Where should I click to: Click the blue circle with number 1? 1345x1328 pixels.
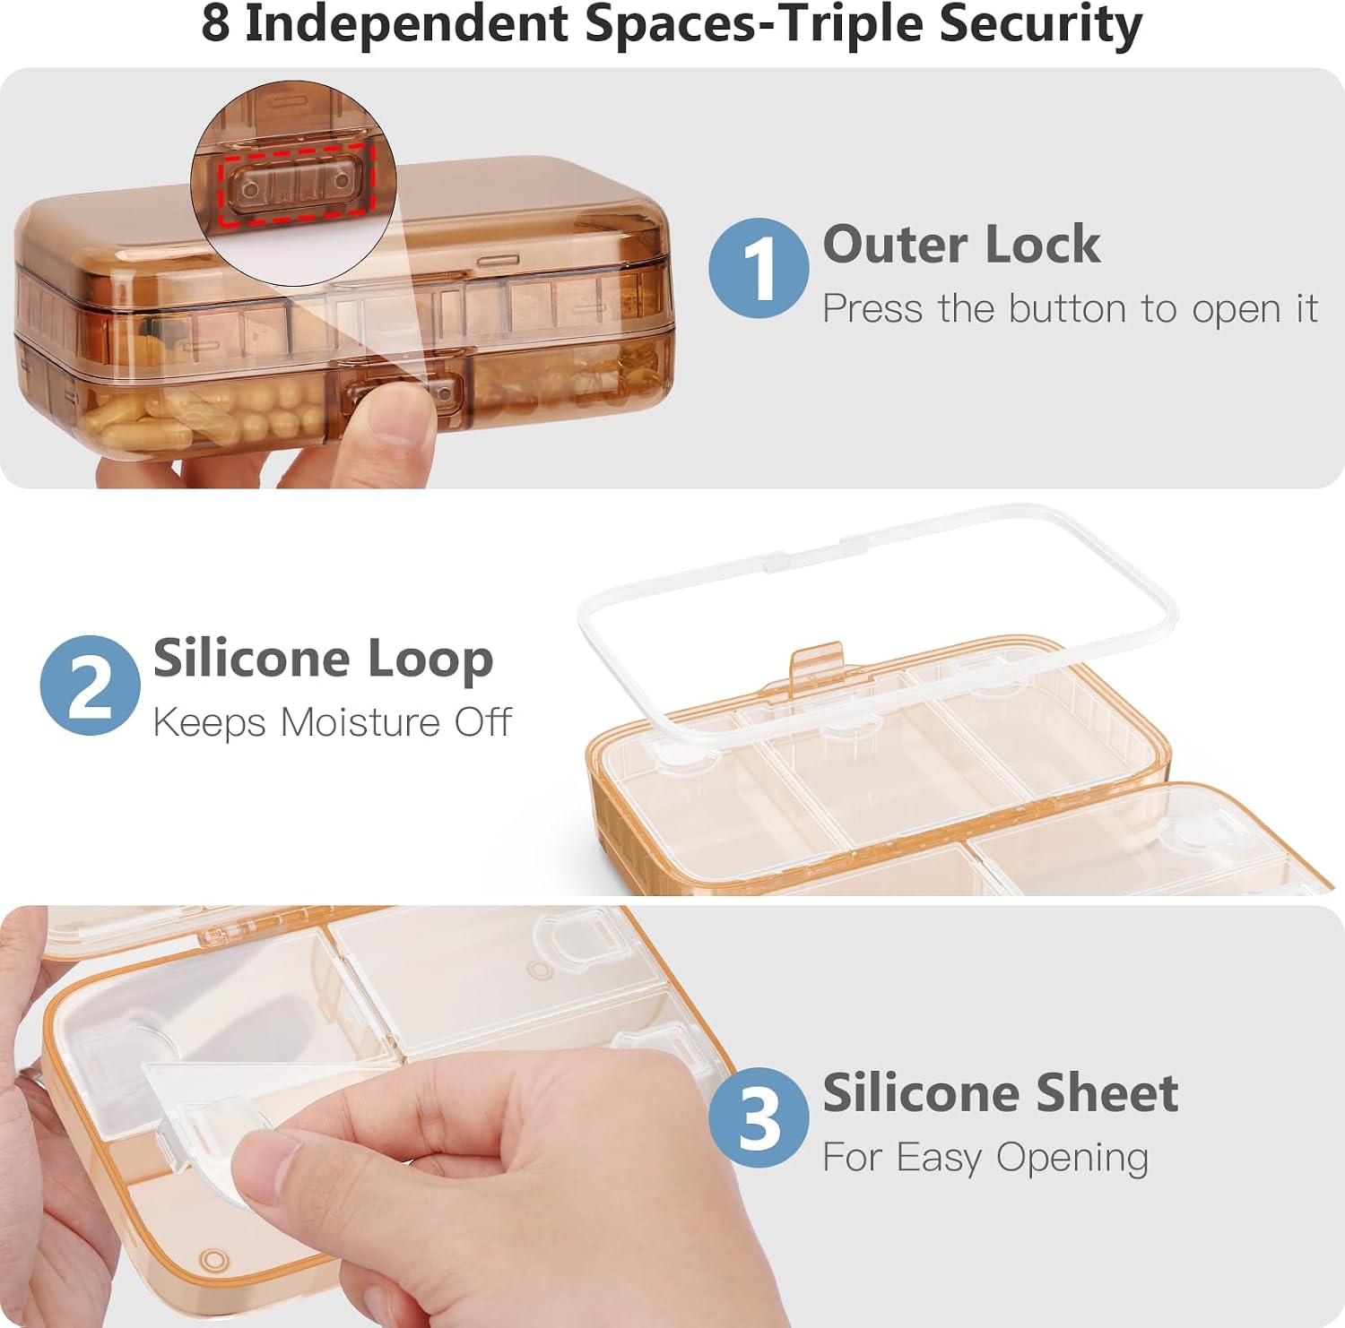(759, 268)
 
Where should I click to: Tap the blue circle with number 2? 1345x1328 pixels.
(90, 686)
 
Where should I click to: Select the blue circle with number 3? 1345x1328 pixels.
(759, 1117)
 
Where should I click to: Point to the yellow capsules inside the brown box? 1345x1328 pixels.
(206, 414)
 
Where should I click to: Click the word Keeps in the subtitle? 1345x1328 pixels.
(209, 723)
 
